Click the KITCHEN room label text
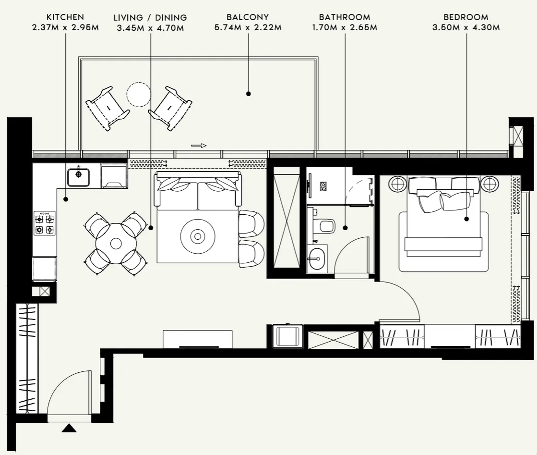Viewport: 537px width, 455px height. tap(65, 17)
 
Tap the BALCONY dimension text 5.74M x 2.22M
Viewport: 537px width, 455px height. tap(248, 27)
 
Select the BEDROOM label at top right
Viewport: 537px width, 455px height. tap(466, 17)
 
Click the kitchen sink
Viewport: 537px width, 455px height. tap(78, 177)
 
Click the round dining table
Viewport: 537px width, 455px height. tap(116, 243)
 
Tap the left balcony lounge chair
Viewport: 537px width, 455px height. tap(107, 108)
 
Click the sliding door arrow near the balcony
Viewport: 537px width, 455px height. tap(199, 145)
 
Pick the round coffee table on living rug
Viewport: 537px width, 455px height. tap(197, 236)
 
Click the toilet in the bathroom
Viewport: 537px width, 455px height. tap(325, 225)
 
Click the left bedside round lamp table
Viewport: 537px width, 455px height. tap(397, 184)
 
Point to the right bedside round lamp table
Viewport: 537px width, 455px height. tap(490, 184)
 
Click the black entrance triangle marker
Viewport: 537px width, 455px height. tap(69, 428)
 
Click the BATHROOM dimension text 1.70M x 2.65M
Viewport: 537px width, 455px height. tap(345, 27)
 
